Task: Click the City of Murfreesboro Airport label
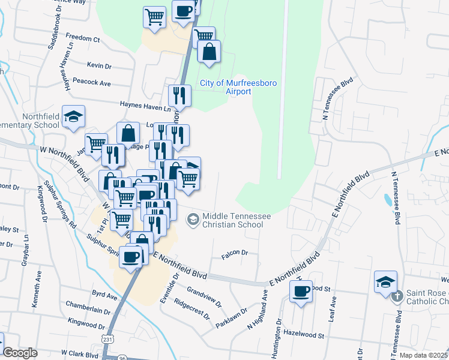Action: coord(238,87)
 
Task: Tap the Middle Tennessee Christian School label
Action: coord(233,220)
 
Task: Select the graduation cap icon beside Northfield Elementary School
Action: coord(73,118)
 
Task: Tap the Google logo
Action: coord(20,353)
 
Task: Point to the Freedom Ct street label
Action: coord(82,39)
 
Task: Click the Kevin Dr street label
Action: coord(99,65)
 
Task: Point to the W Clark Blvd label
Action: coord(79,355)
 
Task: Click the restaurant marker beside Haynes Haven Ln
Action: coord(179,95)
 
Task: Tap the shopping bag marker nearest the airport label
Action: coord(209,52)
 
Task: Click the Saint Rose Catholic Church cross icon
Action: coord(396,296)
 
